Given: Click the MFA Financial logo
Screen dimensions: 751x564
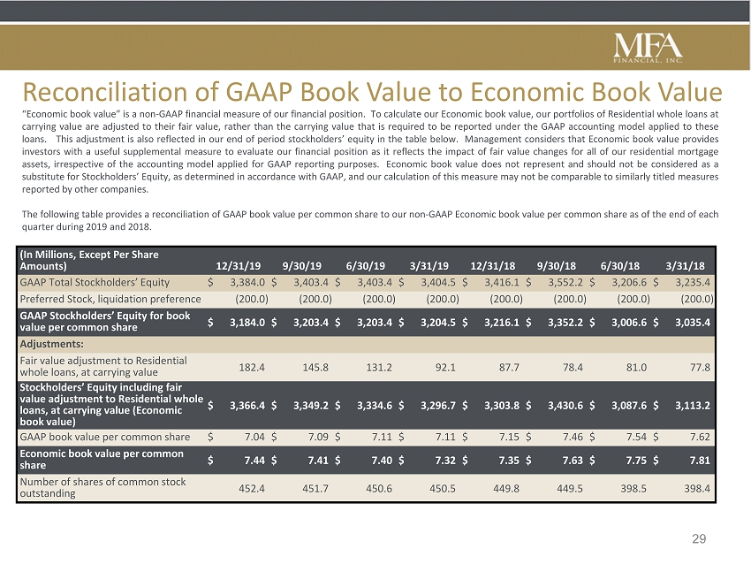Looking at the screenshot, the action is pos(648,48).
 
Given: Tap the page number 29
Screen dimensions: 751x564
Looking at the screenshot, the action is pos(699,539).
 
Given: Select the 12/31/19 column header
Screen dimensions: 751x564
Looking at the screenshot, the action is pos(239,266).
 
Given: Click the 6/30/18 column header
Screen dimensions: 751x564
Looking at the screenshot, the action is pos(620,266).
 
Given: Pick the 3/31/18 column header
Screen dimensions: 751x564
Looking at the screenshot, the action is pos(686,266).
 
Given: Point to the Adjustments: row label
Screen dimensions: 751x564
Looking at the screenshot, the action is pos(52,344).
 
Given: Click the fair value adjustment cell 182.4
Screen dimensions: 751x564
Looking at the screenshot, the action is pos(252,368).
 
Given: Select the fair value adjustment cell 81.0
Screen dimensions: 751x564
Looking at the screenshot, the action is pos(636,368).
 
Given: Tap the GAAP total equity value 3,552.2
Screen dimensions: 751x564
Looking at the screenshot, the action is pos(565,282).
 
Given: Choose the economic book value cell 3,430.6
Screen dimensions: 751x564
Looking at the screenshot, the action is pos(565,406).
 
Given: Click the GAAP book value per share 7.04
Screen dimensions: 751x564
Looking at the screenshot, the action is pos(254,437).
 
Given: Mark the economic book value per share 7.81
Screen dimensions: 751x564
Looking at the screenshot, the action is pos(700,461).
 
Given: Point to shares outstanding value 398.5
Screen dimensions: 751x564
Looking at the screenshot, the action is pos(633,488).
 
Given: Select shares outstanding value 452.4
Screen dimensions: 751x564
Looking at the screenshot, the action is pos(252,488).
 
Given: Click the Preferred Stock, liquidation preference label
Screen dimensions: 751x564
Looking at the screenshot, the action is pos(110,299).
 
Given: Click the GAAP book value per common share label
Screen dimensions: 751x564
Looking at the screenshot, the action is pos(105,437).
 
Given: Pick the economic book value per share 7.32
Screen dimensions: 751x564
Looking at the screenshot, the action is pos(445,461).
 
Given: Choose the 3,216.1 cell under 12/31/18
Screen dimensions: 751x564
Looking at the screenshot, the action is pos(502,323).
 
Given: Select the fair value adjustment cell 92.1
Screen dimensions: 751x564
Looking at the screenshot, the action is pos(445,368).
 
